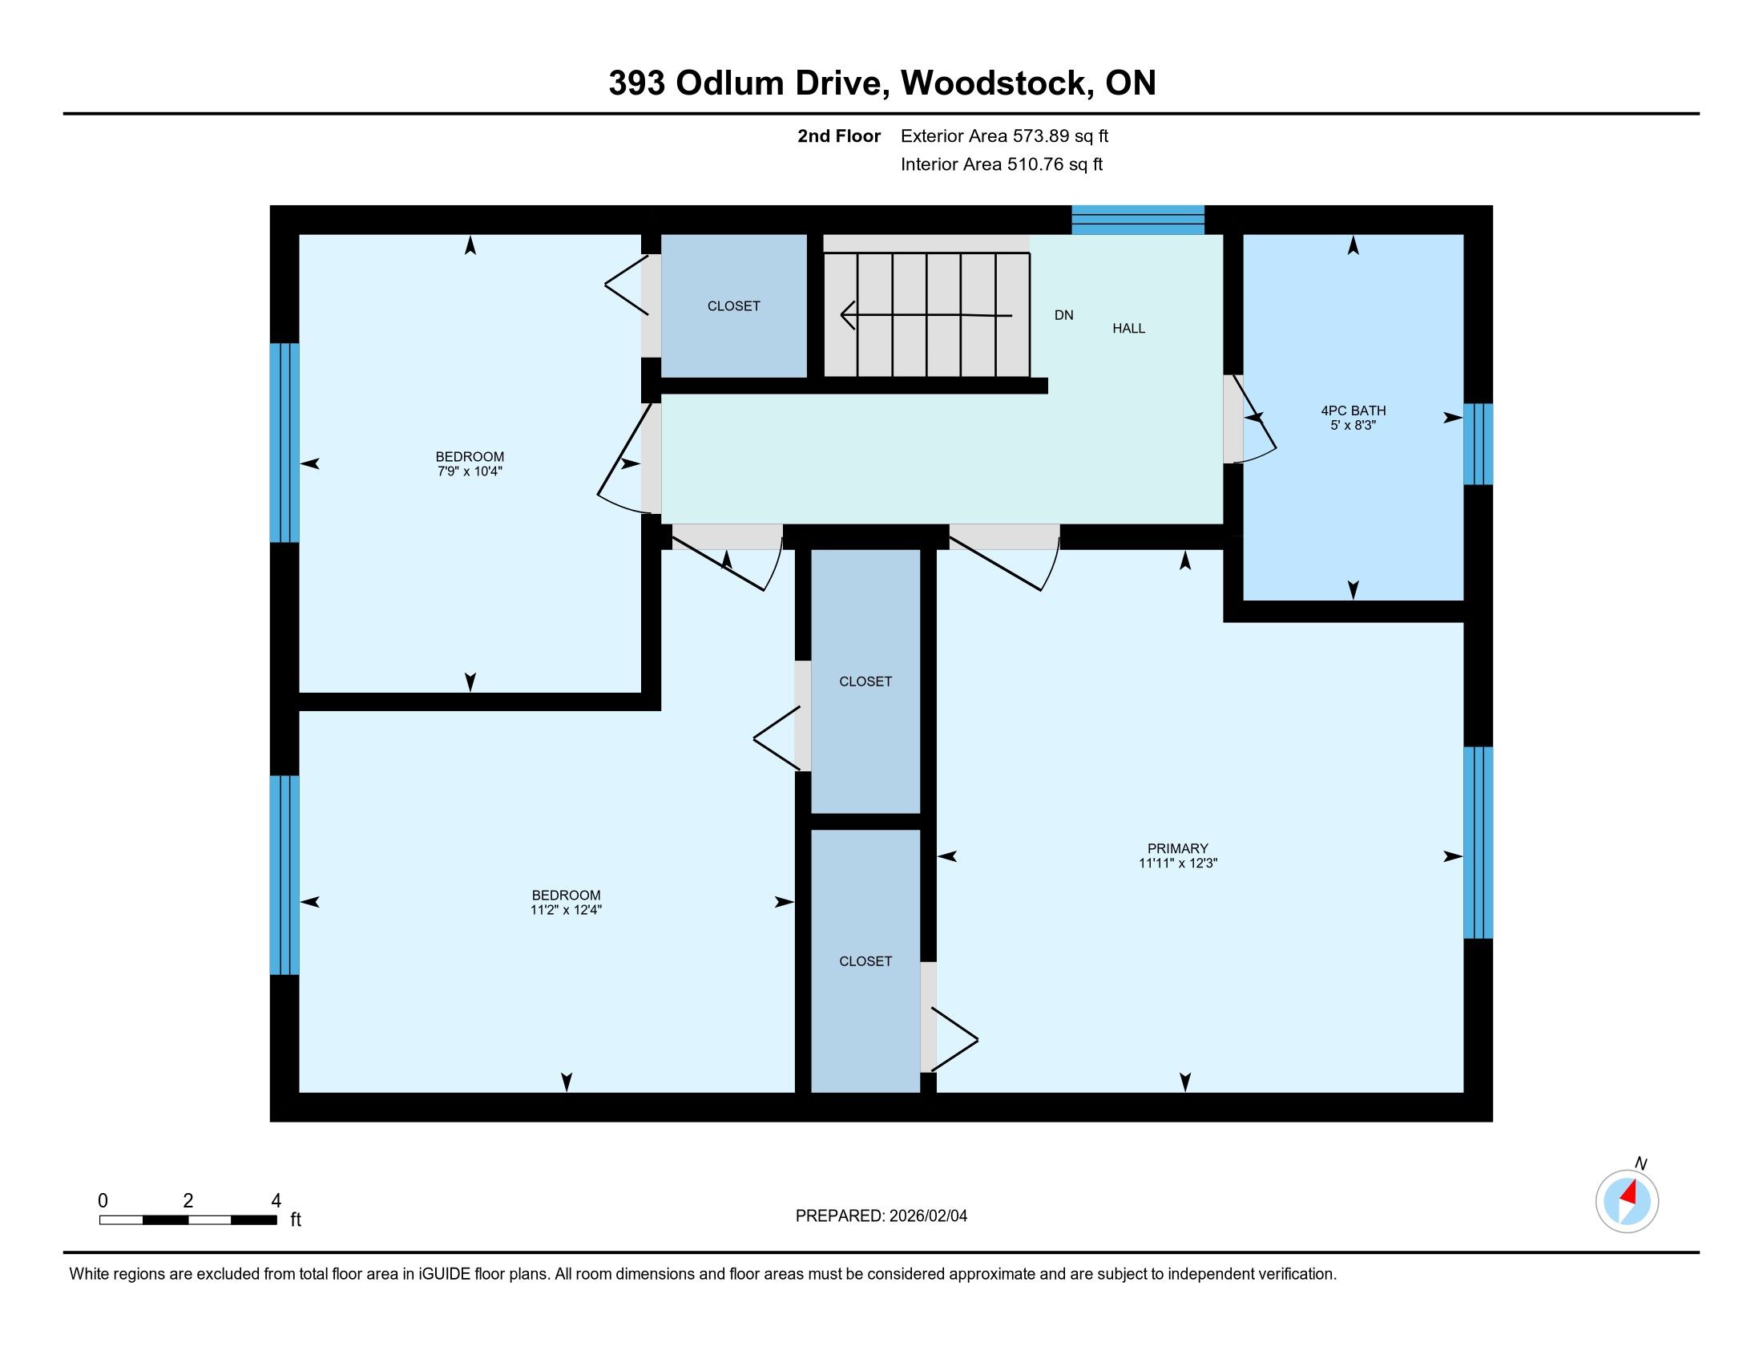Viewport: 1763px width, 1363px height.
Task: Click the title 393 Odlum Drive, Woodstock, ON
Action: (x=881, y=83)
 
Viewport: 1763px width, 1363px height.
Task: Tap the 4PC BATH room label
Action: (x=1353, y=411)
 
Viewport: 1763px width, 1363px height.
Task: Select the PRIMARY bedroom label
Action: (x=1178, y=848)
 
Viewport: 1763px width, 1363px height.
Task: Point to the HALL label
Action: (x=1128, y=329)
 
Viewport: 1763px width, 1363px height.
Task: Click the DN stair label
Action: (x=1064, y=316)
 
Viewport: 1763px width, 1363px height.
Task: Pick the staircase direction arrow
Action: (x=926, y=314)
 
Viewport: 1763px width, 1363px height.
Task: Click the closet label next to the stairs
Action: (x=734, y=306)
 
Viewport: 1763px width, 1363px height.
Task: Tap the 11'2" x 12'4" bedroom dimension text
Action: (x=566, y=910)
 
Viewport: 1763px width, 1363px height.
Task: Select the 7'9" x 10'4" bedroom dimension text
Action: (x=470, y=471)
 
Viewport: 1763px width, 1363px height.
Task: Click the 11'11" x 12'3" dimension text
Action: (x=1178, y=864)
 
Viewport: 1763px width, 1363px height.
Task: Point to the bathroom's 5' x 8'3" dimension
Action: (x=1353, y=426)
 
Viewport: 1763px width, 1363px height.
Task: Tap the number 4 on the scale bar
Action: (x=276, y=1201)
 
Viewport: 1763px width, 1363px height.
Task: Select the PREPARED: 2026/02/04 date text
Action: (x=881, y=1216)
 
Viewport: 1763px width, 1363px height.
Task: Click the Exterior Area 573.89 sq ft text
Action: (x=1005, y=136)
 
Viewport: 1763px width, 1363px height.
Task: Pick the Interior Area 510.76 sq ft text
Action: (x=1002, y=164)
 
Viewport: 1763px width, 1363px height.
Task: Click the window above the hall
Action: (x=1138, y=220)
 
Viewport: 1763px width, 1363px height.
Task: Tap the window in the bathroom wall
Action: (x=1478, y=444)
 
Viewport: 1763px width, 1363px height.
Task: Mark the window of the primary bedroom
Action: (x=1478, y=843)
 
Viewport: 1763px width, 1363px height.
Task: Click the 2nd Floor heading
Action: (x=839, y=136)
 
